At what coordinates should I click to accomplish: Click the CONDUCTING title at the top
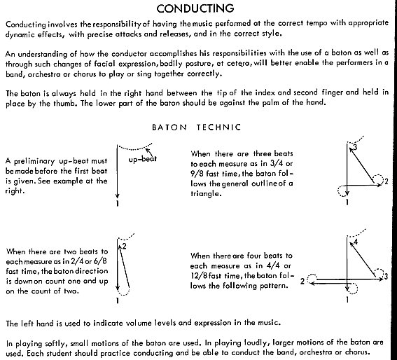(x=195, y=8)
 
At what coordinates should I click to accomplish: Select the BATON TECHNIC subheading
(x=197, y=127)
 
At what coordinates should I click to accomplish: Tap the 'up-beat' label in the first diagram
(x=143, y=159)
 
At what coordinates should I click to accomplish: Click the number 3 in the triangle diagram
(x=355, y=147)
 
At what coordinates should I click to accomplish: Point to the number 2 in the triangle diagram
(x=386, y=181)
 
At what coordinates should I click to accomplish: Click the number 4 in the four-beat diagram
(x=356, y=242)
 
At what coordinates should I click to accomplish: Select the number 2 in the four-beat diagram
(x=302, y=282)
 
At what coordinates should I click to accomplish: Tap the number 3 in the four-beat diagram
(x=386, y=277)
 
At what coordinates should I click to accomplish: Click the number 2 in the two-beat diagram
(x=125, y=246)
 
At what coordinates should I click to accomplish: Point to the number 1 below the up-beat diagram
(x=118, y=203)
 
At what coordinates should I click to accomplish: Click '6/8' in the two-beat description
(x=100, y=261)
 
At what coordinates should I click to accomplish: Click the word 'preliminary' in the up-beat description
(x=34, y=161)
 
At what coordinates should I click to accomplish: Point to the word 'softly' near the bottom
(x=56, y=343)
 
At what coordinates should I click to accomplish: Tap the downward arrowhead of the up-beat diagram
(x=117, y=196)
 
